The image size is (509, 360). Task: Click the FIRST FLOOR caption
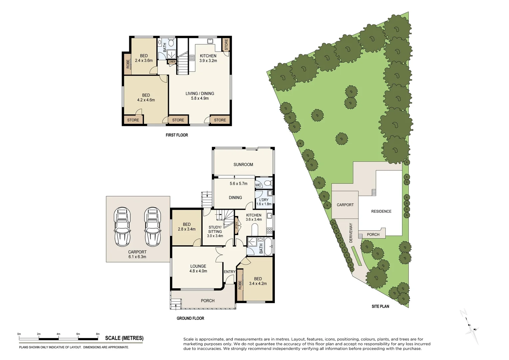click(177, 135)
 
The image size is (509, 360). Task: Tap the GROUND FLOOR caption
click(190, 318)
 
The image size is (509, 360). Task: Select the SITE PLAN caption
click(380, 306)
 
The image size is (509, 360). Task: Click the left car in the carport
click(122, 227)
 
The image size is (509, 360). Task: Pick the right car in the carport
click(153, 227)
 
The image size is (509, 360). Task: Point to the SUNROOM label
click(243, 165)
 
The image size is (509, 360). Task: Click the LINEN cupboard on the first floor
click(172, 62)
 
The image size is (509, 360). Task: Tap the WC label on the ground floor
click(258, 185)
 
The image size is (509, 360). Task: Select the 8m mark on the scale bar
click(98, 334)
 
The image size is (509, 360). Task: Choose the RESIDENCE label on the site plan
click(381, 211)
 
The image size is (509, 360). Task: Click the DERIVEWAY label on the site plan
click(351, 233)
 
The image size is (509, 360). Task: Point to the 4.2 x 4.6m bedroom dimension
click(146, 100)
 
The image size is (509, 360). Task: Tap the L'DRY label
click(263, 200)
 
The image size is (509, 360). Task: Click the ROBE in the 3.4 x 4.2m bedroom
click(240, 285)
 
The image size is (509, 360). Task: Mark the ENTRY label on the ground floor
click(230, 272)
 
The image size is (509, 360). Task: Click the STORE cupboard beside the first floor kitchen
click(226, 44)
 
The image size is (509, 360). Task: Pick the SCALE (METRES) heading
click(124, 338)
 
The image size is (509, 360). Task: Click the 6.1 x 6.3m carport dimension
click(137, 257)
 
